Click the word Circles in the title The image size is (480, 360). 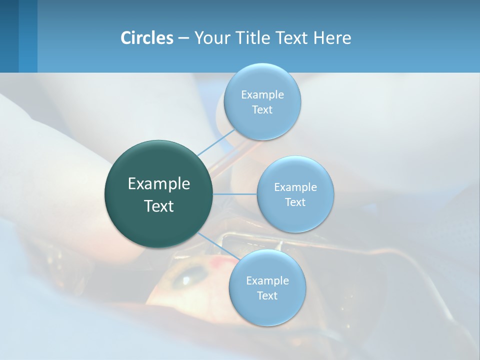[146, 38]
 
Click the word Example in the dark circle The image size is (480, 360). [159, 184]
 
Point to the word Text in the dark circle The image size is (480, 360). [159, 206]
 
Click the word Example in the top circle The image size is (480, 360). [262, 95]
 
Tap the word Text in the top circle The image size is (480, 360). [262, 110]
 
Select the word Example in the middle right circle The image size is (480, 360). [295, 187]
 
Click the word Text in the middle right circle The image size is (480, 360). [295, 202]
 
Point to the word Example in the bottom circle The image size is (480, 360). [267, 281]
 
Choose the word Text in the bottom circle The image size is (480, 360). [267, 296]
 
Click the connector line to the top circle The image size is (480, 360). [216, 142]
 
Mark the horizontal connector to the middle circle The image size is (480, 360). [235, 194]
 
